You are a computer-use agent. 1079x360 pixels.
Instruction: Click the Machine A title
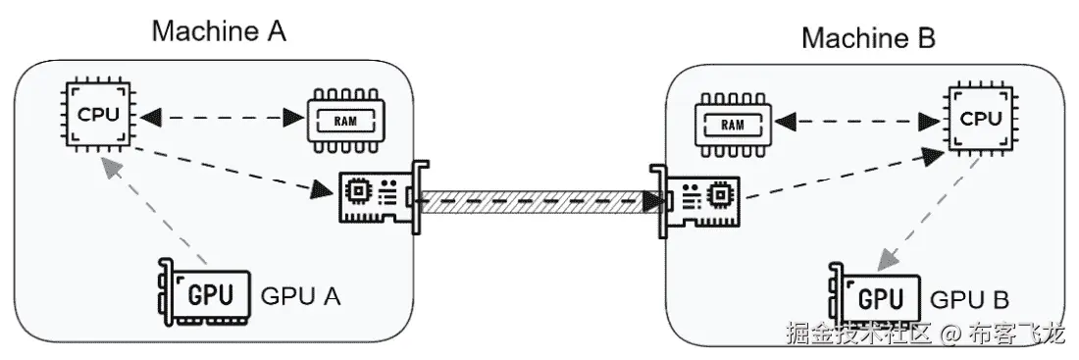coord(219,30)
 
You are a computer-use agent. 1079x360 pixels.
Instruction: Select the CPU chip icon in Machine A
coord(98,114)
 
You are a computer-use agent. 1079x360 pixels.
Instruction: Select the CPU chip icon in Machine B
coord(980,119)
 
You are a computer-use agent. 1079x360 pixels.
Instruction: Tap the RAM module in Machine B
coord(732,124)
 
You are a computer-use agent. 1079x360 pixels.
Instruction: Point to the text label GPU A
coord(300,296)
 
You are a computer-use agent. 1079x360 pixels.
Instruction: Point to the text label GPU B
coord(968,299)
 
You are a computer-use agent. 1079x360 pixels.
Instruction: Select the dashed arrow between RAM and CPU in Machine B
coord(854,123)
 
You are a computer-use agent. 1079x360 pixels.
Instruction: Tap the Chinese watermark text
coord(925,334)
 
